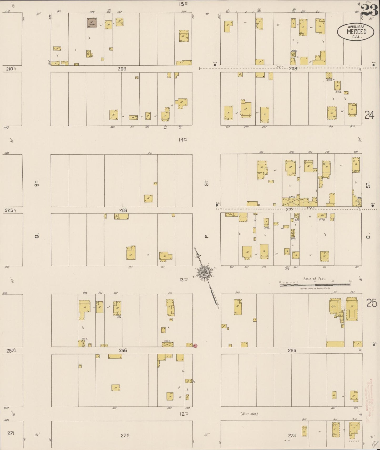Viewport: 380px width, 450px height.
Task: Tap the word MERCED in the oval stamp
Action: click(x=356, y=32)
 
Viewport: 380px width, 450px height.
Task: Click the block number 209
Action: click(x=122, y=69)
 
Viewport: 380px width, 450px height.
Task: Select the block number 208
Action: click(x=293, y=69)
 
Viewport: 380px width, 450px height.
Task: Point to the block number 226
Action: click(x=123, y=210)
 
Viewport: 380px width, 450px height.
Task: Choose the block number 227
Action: click(x=290, y=210)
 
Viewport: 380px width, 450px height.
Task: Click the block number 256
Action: click(x=123, y=350)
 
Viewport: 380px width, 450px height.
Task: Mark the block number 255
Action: click(x=292, y=350)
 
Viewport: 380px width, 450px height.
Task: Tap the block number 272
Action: click(x=125, y=435)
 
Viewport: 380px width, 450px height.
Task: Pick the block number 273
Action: click(x=292, y=435)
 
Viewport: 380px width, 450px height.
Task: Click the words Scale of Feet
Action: click(x=314, y=279)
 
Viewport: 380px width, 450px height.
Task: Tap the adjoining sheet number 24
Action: click(x=369, y=115)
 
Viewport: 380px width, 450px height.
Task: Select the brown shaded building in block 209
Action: click(x=92, y=23)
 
